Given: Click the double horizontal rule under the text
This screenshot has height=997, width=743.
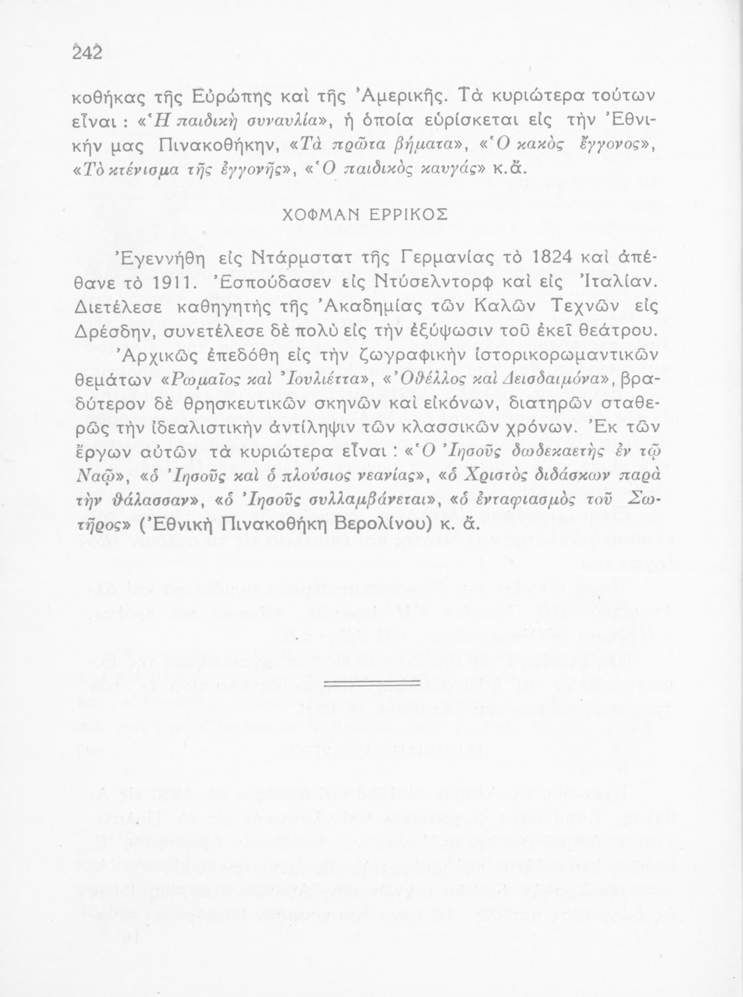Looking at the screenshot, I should [x=370, y=683].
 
